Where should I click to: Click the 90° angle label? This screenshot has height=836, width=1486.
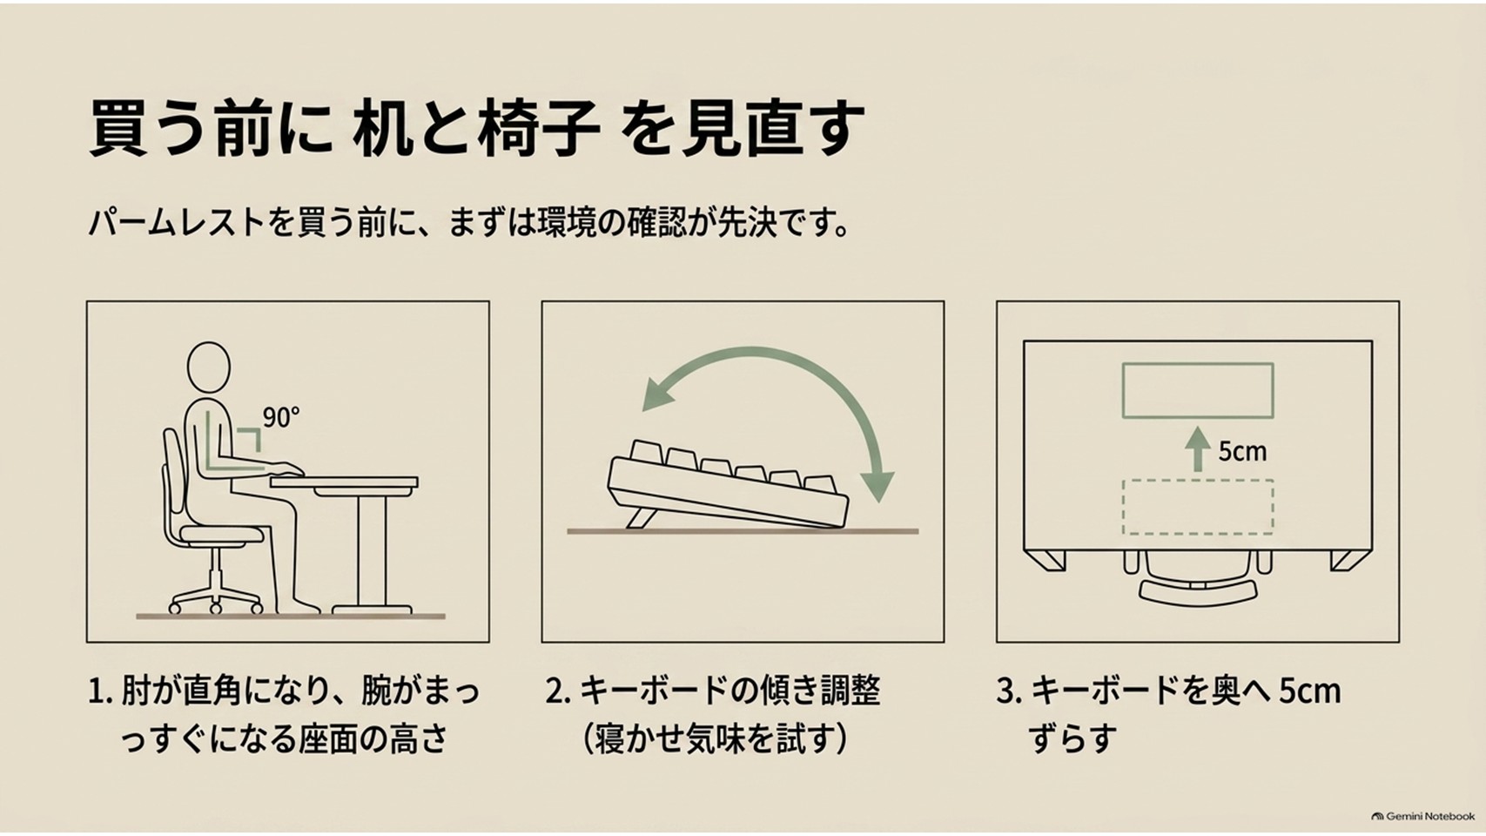click(281, 417)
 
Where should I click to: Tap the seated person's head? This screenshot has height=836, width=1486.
click(209, 369)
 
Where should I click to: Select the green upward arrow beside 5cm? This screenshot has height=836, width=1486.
click(1198, 449)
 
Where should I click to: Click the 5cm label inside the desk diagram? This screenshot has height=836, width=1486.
click(1242, 452)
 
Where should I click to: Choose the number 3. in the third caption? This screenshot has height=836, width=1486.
click(1010, 692)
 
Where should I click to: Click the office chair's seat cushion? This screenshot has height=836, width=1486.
click(222, 535)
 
